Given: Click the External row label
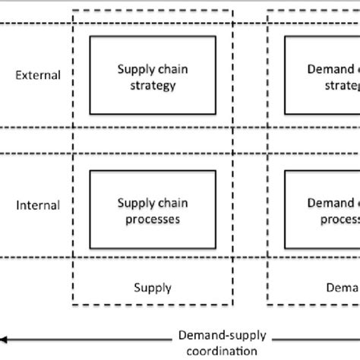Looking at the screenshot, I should tap(38, 75).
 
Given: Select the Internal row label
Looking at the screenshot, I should tap(38, 205).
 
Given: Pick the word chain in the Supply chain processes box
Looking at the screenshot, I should tap(174, 204).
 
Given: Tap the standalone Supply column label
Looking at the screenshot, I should tap(153, 288).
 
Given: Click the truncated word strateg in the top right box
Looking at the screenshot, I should tap(339, 85).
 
